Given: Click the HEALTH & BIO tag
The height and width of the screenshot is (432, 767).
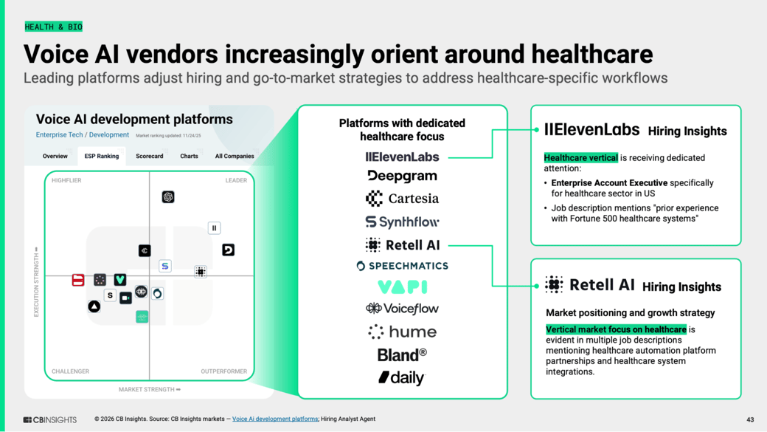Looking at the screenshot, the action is pyautogui.click(x=53, y=27).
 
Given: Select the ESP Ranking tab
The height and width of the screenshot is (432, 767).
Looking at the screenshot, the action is pyautogui.click(x=101, y=157).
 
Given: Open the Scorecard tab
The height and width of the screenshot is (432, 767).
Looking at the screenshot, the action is pyautogui.click(x=149, y=157).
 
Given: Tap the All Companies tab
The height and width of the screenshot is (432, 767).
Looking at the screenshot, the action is pyautogui.click(x=235, y=157).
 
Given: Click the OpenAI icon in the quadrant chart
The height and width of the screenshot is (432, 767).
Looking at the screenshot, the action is pyautogui.click(x=168, y=197).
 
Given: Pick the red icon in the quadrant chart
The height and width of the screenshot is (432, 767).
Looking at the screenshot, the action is pyautogui.click(x=77, y=280).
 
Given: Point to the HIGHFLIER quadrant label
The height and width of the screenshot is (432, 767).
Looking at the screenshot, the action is pyautogui.click(x=66, y=180).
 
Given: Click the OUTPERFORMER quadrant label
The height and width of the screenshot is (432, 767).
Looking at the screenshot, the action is pyautogui.click(x=224, y=371).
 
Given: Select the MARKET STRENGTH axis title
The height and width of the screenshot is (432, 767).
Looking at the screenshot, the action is pyautogui.click(x=150, y=389).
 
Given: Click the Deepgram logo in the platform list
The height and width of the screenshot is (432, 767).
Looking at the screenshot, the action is pyautogui.click(x=402, y=176).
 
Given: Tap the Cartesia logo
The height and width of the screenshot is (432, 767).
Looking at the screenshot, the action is pyautogui.click(x=402, y=199).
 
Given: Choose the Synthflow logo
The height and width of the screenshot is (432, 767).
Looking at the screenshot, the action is pyautogui.click(x=402, y=222).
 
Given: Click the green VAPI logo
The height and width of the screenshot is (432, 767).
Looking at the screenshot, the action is pyautogui.click(x=403, y=287).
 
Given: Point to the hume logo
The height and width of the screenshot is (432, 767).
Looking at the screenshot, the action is pyautogui.click(x=402, y=332).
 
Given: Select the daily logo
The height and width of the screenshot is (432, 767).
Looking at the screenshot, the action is pyautogui.click(x=402, y=377).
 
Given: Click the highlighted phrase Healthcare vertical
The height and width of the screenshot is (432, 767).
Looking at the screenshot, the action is pyautogui.click(x=580, y=158).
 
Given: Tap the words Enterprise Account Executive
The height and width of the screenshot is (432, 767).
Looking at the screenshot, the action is pyautogui.click(x=609, y=182).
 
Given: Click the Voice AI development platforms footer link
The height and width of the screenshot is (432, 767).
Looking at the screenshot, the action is pyautogui.click(x=275, y=419).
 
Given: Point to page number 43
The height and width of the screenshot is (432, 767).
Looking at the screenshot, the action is pyautogui.click(x=750, y=419).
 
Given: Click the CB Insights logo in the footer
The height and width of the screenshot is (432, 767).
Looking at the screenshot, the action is pyautogui.click(x=50, y=419).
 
